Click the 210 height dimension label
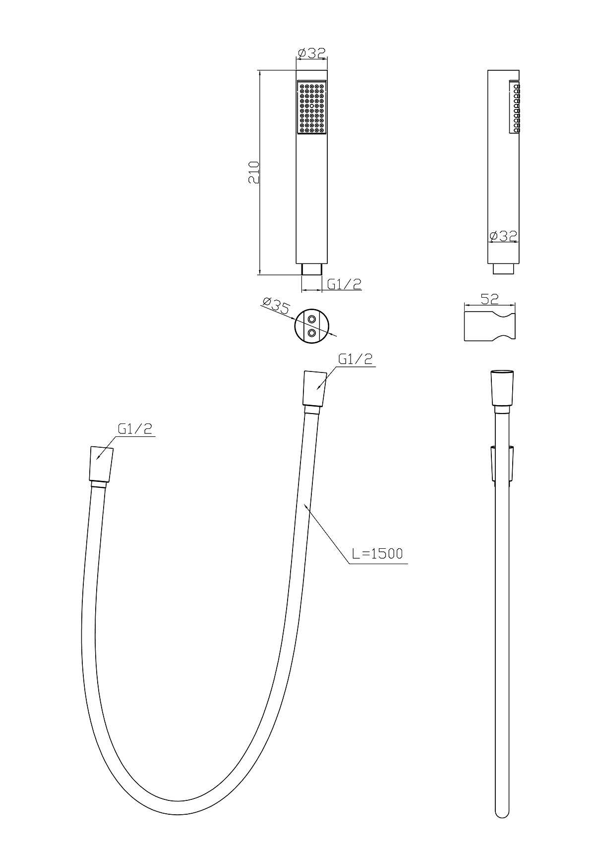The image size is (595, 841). pos(254,172)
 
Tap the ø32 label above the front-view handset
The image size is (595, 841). pos(311,53)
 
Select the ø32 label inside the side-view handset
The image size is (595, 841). pos(503,236)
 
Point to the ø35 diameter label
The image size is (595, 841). pos(276,305)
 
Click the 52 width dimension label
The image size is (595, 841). pos(489,299)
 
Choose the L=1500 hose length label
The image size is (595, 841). pos(377,553)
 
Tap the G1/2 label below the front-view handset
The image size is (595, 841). pos(344,284)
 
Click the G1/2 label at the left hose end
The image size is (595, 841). pos(135,428)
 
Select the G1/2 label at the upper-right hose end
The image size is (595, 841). pos(355,359)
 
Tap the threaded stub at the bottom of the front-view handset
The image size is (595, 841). pos(311,269)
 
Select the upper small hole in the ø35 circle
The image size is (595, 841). pos(311,319)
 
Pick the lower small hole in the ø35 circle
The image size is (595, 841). pos(311,333)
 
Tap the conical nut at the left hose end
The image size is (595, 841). pos(101,465)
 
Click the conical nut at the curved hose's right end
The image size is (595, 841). pos(314,389)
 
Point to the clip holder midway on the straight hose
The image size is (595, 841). pos(503,463)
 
